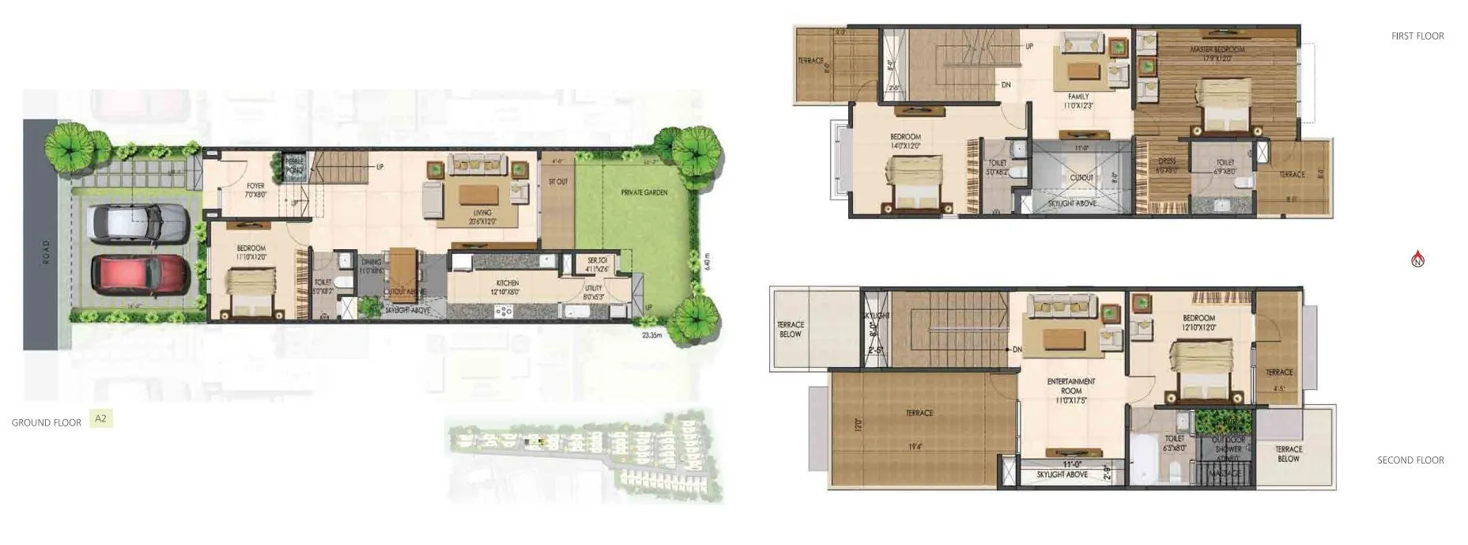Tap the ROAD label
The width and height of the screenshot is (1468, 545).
[x=45, y=252]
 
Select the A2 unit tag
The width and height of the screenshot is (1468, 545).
[x=100, y=418]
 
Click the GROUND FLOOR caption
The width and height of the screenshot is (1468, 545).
[x=47, y=423]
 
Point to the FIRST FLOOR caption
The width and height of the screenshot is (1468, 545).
[x=1417, y=36]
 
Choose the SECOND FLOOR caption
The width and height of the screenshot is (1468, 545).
[x=1410, y=460]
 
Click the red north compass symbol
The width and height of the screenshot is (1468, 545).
[x=1417, y=259]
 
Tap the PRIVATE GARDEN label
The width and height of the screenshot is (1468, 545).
[x=644, y=192]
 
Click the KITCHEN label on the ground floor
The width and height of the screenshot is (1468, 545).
[x=508, y=283]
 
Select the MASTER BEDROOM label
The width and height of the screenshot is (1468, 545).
[x=1217, y=49]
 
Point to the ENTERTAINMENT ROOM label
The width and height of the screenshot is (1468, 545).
[x=1071, y=386]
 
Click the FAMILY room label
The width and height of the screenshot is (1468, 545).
[x=1078, y=97]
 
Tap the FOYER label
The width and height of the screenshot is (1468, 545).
[x=255, y=186]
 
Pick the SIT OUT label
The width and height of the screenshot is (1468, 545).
[x=558, y=182]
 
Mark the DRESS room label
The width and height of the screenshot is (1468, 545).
[x=1167, y=161]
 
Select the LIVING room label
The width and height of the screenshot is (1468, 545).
[x=482, y=213]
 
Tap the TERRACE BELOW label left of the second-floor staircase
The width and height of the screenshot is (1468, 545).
[x=791, y=329]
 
